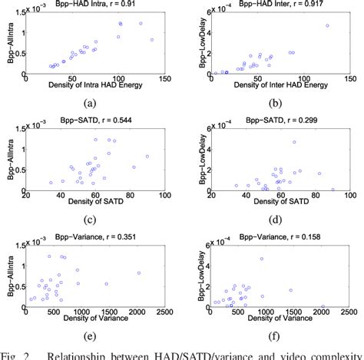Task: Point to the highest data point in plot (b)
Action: tap(327, 25)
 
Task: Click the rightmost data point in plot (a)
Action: tap(152, 39)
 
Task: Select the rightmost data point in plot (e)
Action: tap(139, 272)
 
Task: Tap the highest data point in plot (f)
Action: tap(262, 258)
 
